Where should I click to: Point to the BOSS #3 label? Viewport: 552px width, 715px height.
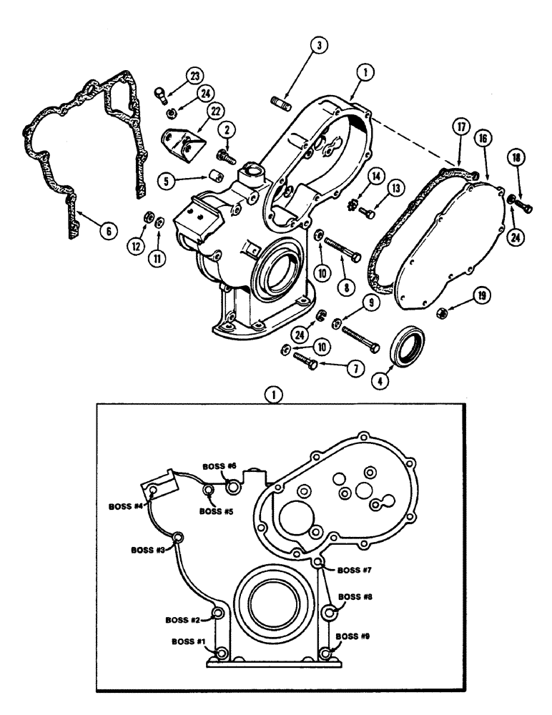click(x=148, y=550)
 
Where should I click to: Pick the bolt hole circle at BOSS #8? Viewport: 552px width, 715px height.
click(x=330, y=613)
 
